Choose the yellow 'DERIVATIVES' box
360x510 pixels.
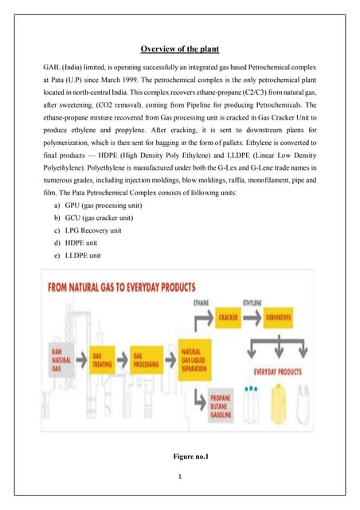[x=280, y=316]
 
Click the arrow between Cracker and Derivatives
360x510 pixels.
[x=253, y=316]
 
